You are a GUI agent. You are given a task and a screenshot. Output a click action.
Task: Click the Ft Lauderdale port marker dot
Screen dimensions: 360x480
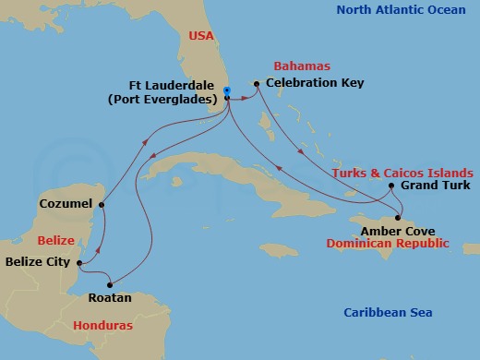226,90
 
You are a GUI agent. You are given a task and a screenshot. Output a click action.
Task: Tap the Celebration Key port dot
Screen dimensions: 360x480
257,83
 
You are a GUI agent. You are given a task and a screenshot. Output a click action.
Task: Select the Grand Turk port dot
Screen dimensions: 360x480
391,186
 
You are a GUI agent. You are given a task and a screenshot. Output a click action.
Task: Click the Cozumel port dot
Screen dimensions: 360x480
102,203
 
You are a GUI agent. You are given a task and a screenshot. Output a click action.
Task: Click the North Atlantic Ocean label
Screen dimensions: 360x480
402,10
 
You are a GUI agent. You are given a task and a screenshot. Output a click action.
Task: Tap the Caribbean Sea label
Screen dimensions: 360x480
387,313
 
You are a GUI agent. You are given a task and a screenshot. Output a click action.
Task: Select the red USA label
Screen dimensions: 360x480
201,37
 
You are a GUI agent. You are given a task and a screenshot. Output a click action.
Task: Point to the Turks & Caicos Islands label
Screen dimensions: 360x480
404,173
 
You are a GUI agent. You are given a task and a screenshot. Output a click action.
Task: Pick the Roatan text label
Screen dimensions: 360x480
108,298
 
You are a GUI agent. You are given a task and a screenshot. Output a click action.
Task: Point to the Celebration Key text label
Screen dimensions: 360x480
315,83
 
